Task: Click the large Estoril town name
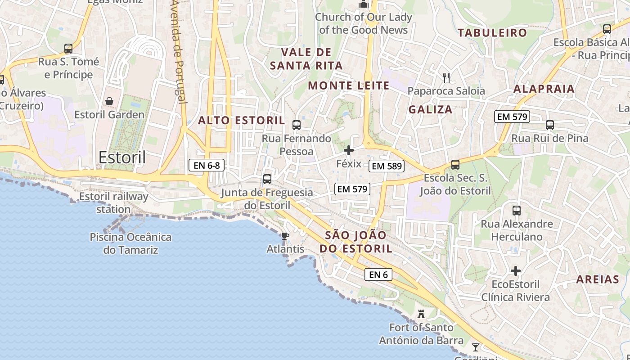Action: tap(122, 157)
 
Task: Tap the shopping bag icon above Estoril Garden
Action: tap(109, 101)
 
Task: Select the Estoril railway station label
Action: tap(113, 203)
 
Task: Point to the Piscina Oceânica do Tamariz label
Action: tap(130, 243)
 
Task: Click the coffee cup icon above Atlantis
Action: tap(285, 235)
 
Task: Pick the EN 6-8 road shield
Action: tap(207, 165)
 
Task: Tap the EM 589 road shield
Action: tap(387, 166)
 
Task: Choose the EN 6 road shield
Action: tap(378, 274)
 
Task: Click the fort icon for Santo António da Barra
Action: tap(421, 314)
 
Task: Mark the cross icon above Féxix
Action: tap(349, 150)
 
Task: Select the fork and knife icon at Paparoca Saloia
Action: tap(446, 77)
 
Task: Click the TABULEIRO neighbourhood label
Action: tap(492, 32)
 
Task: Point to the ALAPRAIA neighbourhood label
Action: tap(544, 89)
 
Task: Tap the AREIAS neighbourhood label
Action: tap(598, 279)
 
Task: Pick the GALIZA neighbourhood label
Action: tap(430, 109)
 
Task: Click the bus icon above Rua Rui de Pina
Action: tap(549, 125)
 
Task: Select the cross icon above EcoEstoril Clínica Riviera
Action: tap(516, 271)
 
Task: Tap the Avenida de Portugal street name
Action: tap(179, 52)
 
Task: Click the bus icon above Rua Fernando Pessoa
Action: tap(296, 125)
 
